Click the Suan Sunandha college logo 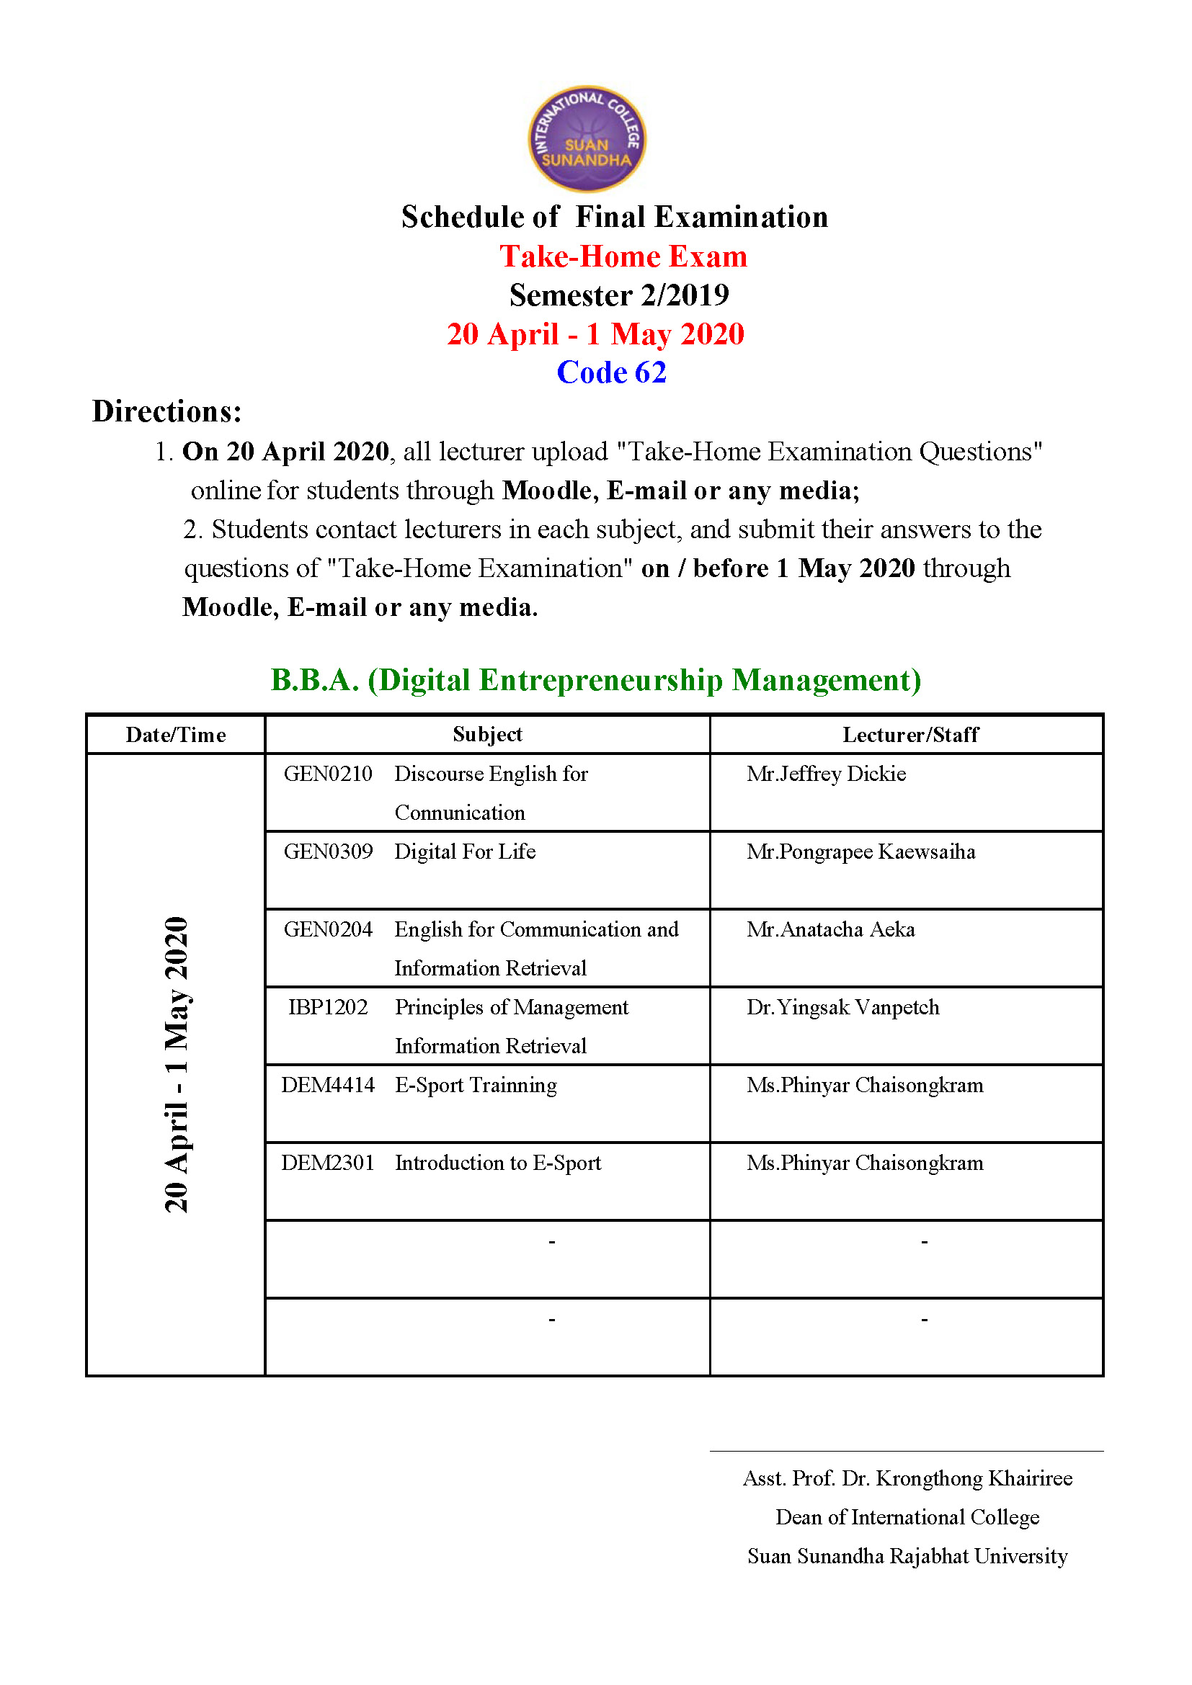tap(587, 139)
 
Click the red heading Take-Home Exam tap(623, 257)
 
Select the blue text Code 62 tap(611, 372)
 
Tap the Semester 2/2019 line tap(619, 295)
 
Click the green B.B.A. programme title tap(595, 679)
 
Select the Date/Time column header tap(175, 735)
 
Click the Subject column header tap(486, 734)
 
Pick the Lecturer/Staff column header tap(909, 735)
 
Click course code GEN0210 tap(327, 774)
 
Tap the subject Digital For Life tap(465, 852)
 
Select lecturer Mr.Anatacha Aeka tap(830, 929)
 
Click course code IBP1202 tap(327, 1007)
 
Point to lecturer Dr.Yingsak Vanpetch tap(842, 1007)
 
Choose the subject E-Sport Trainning tap(476, 1085)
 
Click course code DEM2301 tap(327, 1163)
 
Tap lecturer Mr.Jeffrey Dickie tap(826, 774)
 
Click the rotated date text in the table tap(176, 1064)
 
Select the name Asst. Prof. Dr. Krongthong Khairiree tap(907, 1478)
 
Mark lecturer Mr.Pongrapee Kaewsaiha tap(860, 852)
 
